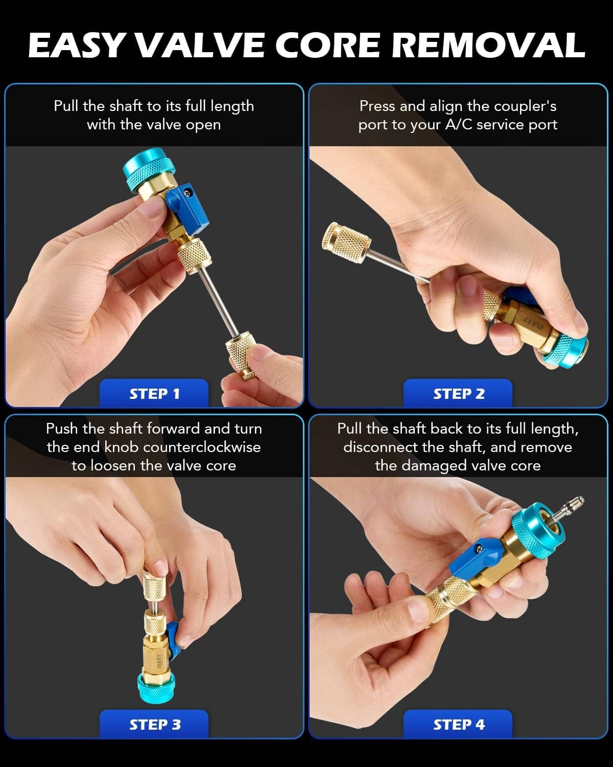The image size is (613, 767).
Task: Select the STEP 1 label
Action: [154, 394]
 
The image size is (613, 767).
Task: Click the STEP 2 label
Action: [459, 394]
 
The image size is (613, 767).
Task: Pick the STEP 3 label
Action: [155, 725]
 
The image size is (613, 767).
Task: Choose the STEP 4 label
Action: [459, 725]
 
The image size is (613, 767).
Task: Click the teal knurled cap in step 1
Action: [149, 172]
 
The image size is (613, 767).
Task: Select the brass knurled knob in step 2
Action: [345, 243]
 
